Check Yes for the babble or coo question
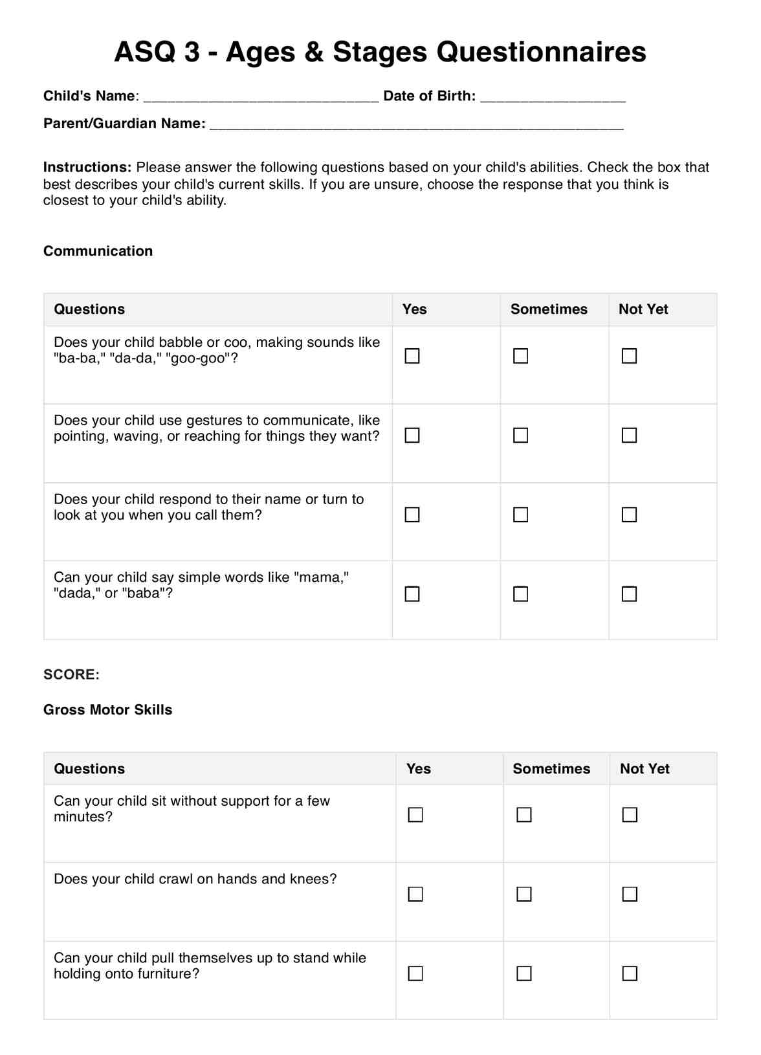click(412, 356)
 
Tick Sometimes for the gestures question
click(521, 436)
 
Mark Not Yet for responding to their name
click(630, 515)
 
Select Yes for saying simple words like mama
click(412, 594)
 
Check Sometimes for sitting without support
click(524, 815)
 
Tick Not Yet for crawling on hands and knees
click(630, 894)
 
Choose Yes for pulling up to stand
click(415, 973)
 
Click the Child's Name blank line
click(261, 97)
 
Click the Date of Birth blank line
click(553, 97)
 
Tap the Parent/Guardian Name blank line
click(417, 124)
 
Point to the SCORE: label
click(71, 674)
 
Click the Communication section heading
click(98, 251)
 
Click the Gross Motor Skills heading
click(108, 709)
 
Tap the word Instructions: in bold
click(87, 168)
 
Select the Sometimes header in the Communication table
click(549, 309)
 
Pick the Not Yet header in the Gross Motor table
click(645, 769)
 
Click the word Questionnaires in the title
click(489, 52)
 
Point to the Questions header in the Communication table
click(89, 309)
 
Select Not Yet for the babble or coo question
click(630, 356)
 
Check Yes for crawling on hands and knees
click(415, 894)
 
